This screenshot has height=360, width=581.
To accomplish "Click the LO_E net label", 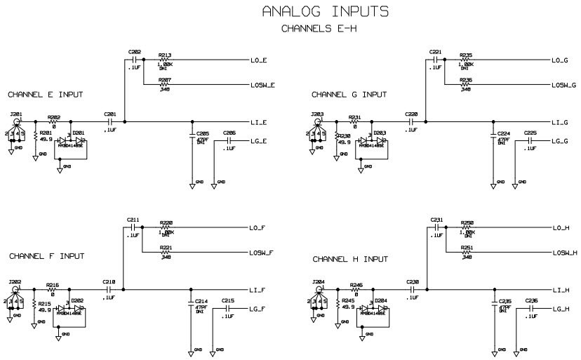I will click(x=258, y=60).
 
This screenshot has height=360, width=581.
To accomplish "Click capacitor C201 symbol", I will click(x=110, y=122).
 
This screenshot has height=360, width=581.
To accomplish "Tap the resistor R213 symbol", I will click(x=166, y=60).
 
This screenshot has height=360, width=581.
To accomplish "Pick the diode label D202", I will click(x=77, y=300).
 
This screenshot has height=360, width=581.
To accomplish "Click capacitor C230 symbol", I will click(x=413, y=289).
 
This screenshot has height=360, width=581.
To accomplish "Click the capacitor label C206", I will click(x=229, y=133).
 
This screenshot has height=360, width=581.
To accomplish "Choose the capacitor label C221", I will click(x=436, y=52).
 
